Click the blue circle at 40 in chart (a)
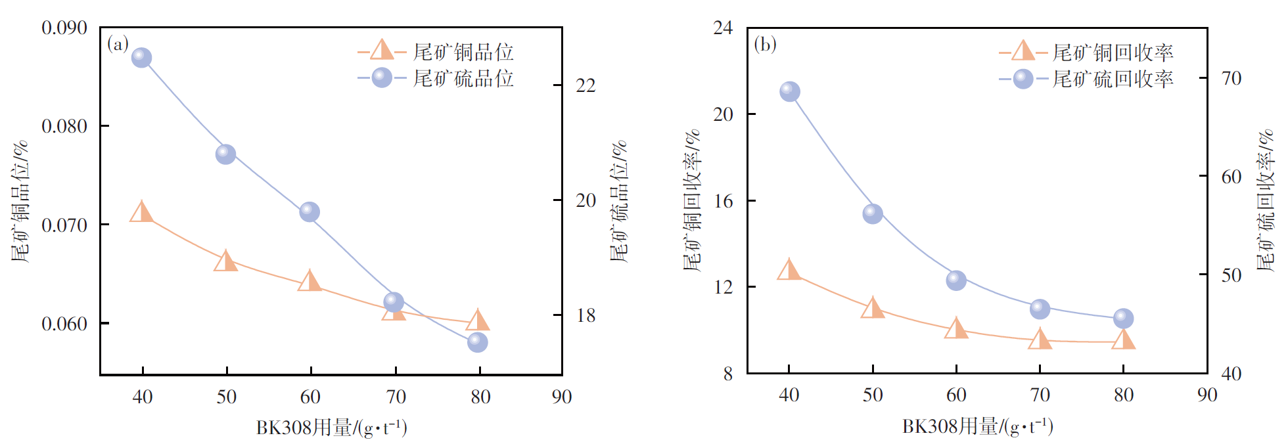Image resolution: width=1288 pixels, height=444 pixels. (x=141, y=58)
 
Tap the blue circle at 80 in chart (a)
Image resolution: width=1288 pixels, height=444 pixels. (x=478, y=342)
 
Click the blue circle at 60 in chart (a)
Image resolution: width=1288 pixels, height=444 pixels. (x=310, y=212)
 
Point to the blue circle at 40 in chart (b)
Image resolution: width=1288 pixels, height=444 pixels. (x=790, y=91)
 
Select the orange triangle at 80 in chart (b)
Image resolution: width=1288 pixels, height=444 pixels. (x=1124, y=340)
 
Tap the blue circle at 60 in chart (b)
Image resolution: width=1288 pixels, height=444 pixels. (x=956, y=280)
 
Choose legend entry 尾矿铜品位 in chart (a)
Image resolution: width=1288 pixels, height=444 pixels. (x=463, y=52)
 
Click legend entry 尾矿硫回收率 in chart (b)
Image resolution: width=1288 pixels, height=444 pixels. (x=1113, y=79)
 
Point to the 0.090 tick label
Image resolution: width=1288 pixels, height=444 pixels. (x=64, y=28)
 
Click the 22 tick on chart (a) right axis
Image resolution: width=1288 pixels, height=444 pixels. (x=586, y=85)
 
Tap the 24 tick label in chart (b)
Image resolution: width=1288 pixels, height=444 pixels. (x=723, y=28)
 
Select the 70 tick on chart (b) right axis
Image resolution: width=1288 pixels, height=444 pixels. (x=1231, y=79)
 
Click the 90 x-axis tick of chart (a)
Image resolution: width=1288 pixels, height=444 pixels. (x=562, y=397)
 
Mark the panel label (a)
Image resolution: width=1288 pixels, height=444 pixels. (x=118, y=44)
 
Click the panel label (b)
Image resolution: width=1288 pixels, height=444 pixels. (x=765, y=44)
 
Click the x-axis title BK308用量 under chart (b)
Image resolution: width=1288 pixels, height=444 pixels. (x=977, y=427)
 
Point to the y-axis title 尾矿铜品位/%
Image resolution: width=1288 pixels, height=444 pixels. (x=21, y=201)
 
